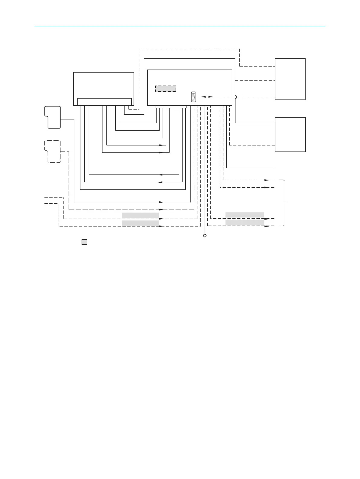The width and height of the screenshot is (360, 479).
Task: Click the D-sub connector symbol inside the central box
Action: (x=193, y=97)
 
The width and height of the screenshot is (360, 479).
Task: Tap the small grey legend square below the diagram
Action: (x=84, y=242)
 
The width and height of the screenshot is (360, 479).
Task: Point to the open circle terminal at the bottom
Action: (x=205, y=236)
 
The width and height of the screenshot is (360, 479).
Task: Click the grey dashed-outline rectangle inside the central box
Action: (x=166, y=89)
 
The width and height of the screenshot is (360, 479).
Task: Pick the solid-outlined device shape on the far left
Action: (x=53, y=117)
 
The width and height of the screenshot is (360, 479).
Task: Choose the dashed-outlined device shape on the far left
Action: (x=53, y=152)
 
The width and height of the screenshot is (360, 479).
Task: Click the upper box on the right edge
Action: (x=290, y=79)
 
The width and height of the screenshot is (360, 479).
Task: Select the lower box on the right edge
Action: (x=290, y=134)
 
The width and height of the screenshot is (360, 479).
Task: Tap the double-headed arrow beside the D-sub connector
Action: (x=207, y=97)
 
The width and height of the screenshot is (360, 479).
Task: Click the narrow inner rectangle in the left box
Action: (x=104, y=102)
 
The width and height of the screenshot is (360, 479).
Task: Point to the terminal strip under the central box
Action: (x=171, y=107)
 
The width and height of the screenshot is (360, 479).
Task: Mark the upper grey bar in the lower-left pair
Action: (x=141, y=215)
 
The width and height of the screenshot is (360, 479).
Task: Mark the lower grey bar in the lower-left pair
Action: (x=141, y=223)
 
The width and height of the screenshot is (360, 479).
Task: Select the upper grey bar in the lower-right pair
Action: (x=245, y=215)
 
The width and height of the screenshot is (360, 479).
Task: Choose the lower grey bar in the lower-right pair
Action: (x=245, y=223)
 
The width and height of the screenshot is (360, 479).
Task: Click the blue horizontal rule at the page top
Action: (x=180, y=26)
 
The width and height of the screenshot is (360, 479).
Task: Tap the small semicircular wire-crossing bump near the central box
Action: (x=236, y=97)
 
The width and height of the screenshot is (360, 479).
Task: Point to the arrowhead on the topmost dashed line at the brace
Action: (x=267, y=180)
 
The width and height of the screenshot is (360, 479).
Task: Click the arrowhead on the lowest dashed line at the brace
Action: (x=267, y=226)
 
